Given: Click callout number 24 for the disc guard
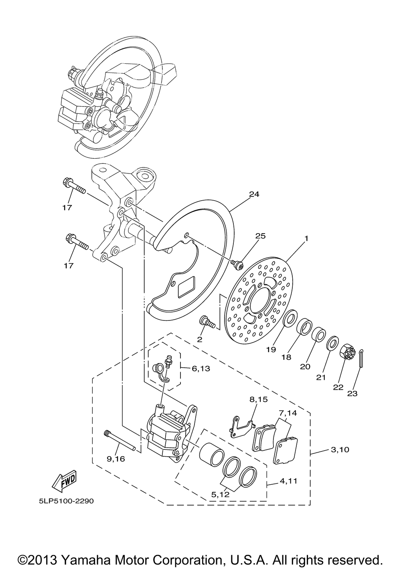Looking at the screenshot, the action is [254, 194].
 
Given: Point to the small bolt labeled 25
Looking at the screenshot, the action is [237, 265].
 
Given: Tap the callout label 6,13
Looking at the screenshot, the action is [201, 368].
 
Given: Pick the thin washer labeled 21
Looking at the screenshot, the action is [332, 343].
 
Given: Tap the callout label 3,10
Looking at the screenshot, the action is [340, 450].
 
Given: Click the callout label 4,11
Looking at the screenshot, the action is [288, 481].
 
